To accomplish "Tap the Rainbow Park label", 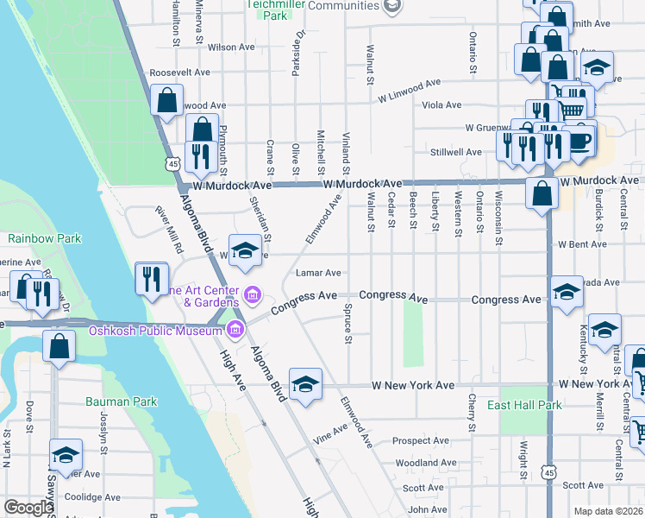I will [x=44, y=237].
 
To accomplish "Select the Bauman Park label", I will [x=121, y=401].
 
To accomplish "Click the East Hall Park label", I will [x=524, y=405].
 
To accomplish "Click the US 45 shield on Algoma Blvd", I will [x=173, y=163].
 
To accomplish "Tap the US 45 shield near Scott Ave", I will [x=548, y=472].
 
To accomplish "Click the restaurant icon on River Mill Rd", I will [x=149, y=278].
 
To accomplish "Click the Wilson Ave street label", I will [x=232, y=47].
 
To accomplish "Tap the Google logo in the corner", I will [x=28, y=508].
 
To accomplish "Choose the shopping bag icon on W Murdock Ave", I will [x=542, y=194].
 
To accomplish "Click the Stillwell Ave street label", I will [x=455, y=152].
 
